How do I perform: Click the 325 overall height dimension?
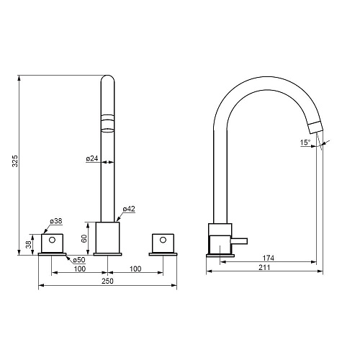[15, 161]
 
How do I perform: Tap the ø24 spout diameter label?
[92, 158]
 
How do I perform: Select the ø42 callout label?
[129, 209]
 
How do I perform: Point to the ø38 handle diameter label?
[56, 221]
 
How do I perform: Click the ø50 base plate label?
[79, 260]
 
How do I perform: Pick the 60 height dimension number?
[84, 238]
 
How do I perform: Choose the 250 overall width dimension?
[107, 281]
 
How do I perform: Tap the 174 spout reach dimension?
[268, 258]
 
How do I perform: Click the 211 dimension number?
[264, 267]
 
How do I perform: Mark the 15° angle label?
[305, 143]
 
